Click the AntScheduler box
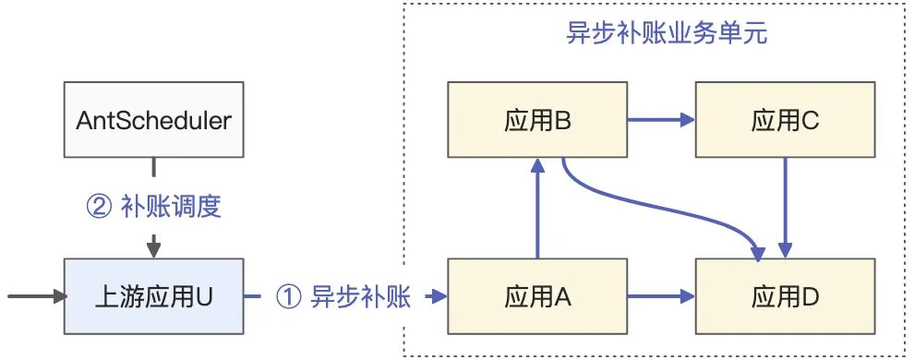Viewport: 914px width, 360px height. pyautogui.click(x=153, y=119)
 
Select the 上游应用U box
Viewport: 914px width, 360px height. pyautogui.click(x=153, y=297)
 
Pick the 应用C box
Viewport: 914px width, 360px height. pyautogui.click(x=784, y=119)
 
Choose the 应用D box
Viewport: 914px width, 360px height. pyautogui.click(x=784, y=297)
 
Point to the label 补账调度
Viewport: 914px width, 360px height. pyautogui.click(x=171, y=207)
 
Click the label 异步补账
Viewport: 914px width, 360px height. pyautogui.click(x=361, y=297)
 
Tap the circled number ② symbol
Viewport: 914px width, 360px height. pyautogui.click(x=99, y=207)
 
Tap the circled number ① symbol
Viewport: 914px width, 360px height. pyautogui.click(x=288, y=297)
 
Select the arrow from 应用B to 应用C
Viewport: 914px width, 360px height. pyautogui.click(x=661, y=119)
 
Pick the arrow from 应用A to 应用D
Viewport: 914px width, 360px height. pyautogui.click(x=661, y=297)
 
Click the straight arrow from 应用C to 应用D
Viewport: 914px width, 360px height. pyautogui.click(x=785, y=208)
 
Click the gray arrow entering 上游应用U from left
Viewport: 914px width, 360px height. pyautogui.click(x=37, y=297)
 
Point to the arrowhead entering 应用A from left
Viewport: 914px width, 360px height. pyautogui.click(x=438, y=297)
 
